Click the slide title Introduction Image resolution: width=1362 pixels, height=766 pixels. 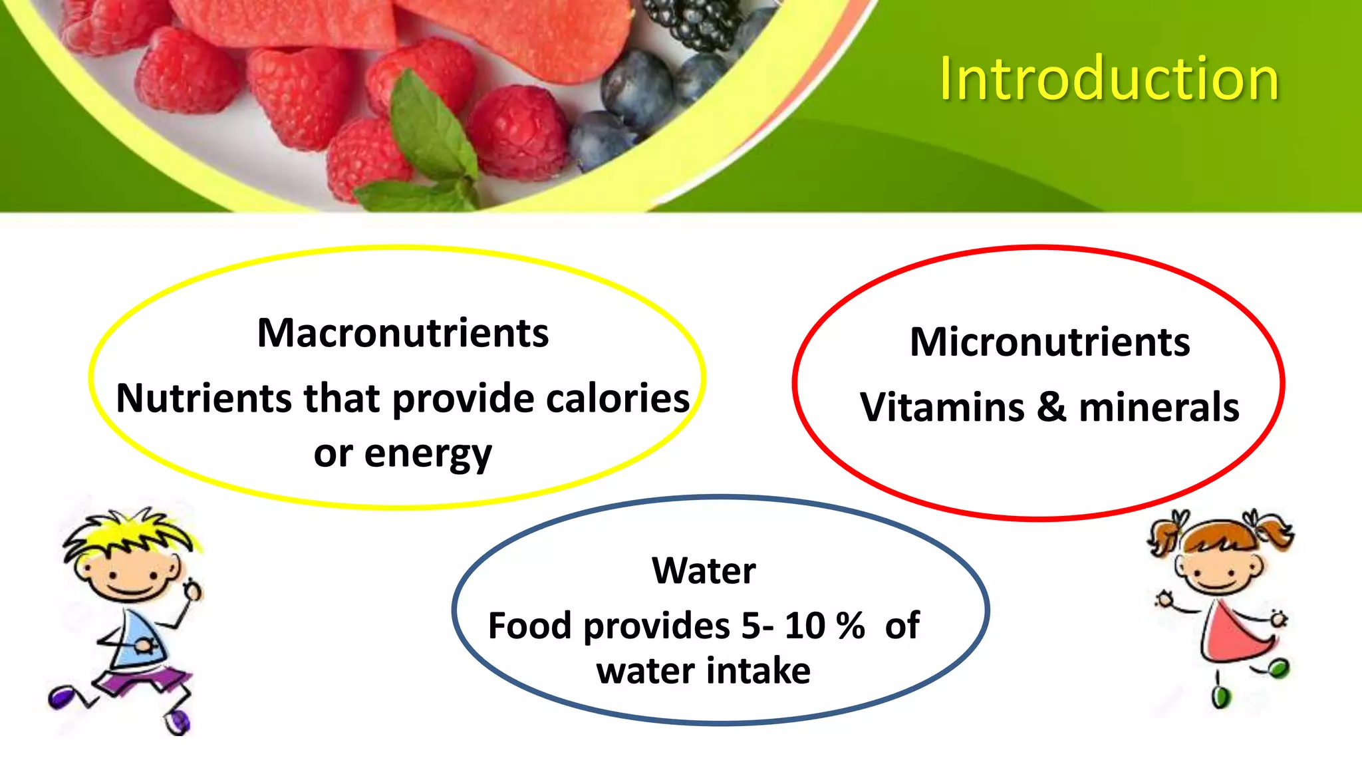(1109, 80)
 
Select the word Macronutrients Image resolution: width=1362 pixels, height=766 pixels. (403, 333)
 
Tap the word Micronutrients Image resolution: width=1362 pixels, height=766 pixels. (1049, 342)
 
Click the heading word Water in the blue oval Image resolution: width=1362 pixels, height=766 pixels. (704, 571)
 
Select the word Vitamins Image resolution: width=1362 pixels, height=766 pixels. (942, 407)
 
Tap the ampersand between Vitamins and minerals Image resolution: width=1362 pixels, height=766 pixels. (1051, 407)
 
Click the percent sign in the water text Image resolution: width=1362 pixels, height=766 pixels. (851, 626)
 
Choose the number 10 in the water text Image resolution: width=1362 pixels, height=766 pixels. (805, 626)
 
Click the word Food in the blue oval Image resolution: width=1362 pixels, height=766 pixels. (529, 626)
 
